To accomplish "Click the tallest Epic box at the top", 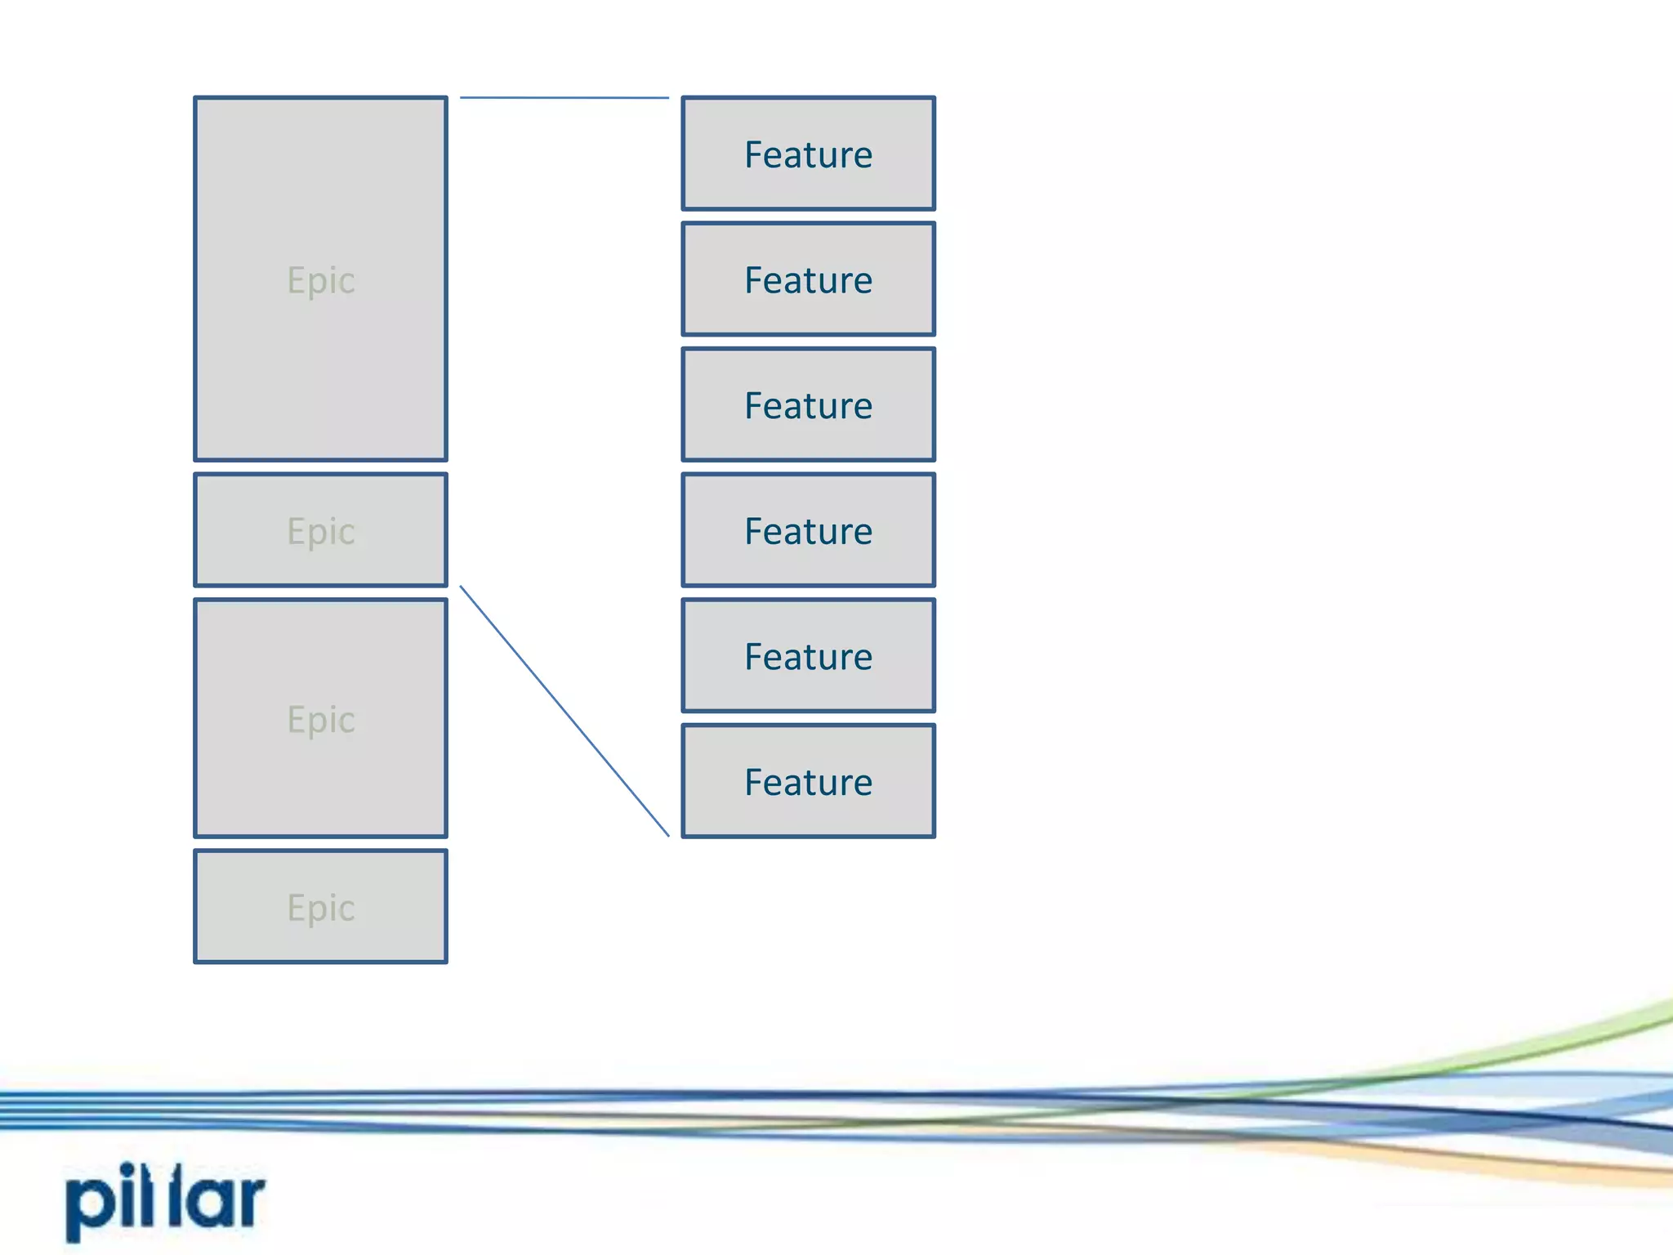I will coord(320,279).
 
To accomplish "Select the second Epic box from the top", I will coord(320,530).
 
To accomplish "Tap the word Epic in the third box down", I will coord(320,720).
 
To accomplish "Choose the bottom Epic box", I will coord(320,906).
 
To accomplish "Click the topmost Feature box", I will coord(808,154).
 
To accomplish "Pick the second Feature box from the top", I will coord(808,279).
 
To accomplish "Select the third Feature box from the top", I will coord(808,405).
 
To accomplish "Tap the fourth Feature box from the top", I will coord(808,530).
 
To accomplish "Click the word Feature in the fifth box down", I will coord(808,657).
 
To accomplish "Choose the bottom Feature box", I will coord(808,782).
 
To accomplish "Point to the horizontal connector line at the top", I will coord(564,98).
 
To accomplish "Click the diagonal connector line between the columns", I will coord(564,710).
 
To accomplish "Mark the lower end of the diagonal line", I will coord(667,834).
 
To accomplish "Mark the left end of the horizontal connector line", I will coord(462,97).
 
